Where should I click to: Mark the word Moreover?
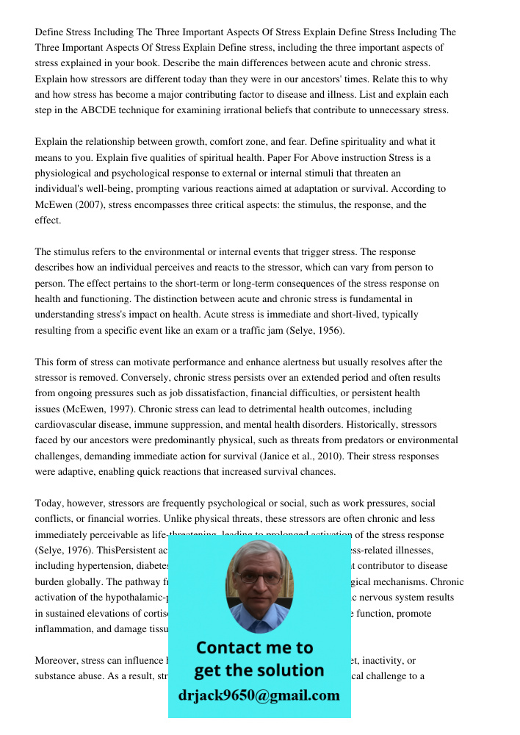pyautogui.click(x=56, y=660)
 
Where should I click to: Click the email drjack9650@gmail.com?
pyautogui.click(x=259, y=695)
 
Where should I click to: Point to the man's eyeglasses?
pyautogui.click(x=258, y=578)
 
